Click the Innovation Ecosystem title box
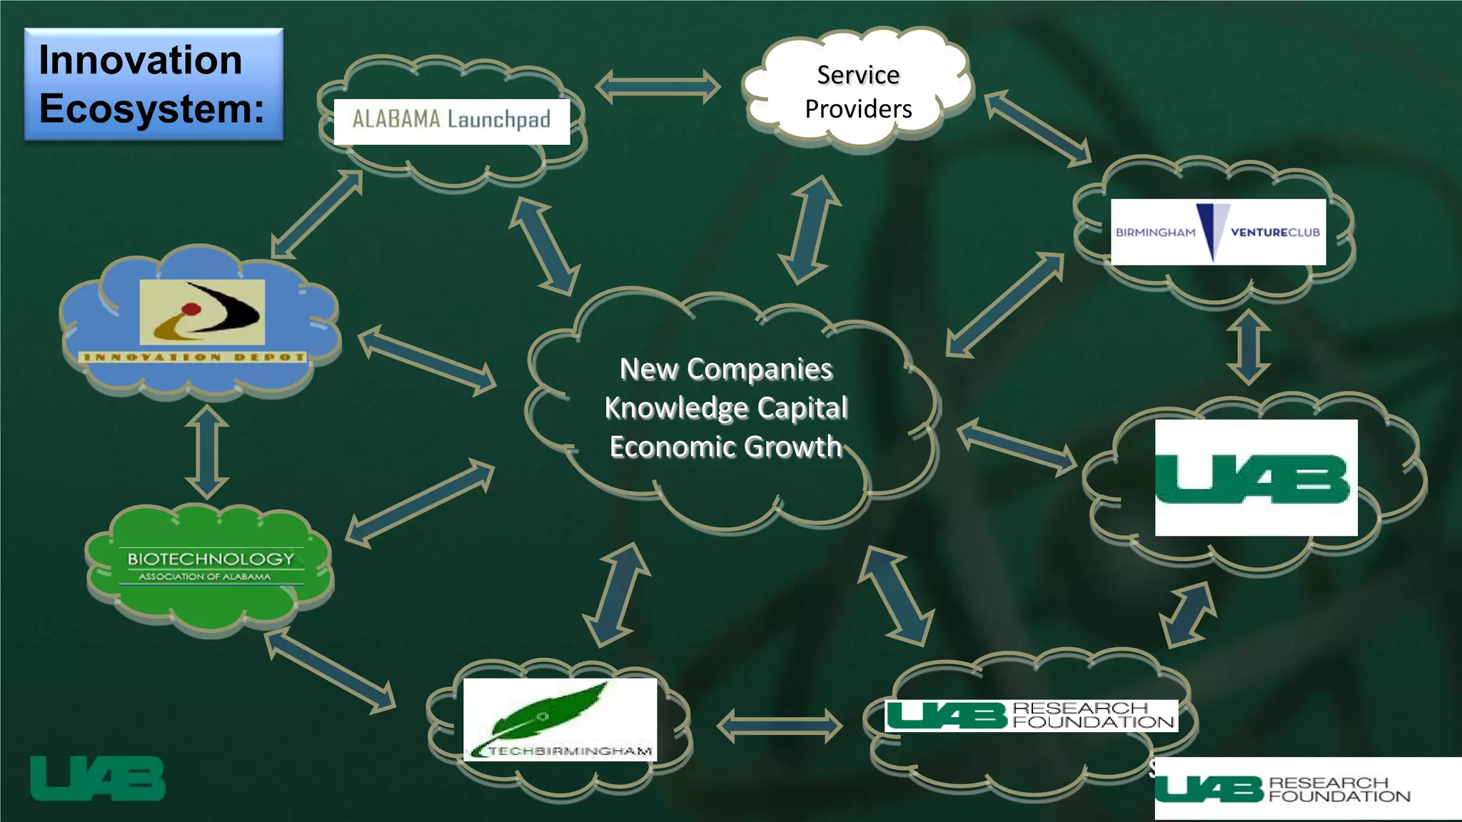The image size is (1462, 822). tap(153, 84)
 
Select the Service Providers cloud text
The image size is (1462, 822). tap(858, 92)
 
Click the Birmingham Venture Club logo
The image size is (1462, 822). tap(1218, 232)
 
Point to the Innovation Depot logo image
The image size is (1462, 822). tap(202, 313)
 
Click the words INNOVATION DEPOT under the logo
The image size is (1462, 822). tap(193, 357)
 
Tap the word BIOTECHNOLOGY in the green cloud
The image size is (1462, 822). tap(211, 559)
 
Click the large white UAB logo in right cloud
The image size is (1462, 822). tap(1256, 477)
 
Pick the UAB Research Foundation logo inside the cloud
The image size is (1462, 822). tap(1031, 715)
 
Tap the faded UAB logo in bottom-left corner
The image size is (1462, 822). tap(98, 778)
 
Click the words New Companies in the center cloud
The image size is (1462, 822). tap(726, 369)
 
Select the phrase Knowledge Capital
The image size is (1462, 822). tap(726, 408)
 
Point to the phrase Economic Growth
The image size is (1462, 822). tap(726, 447)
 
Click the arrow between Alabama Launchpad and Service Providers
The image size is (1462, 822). tap(657, 87)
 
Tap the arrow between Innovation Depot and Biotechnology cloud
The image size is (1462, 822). tap(207, 452)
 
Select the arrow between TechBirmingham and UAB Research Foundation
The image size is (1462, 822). tap(779, 726)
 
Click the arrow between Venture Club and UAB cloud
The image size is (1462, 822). tap(1248, 347)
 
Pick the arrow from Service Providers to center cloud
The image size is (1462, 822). tap(810, 230)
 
